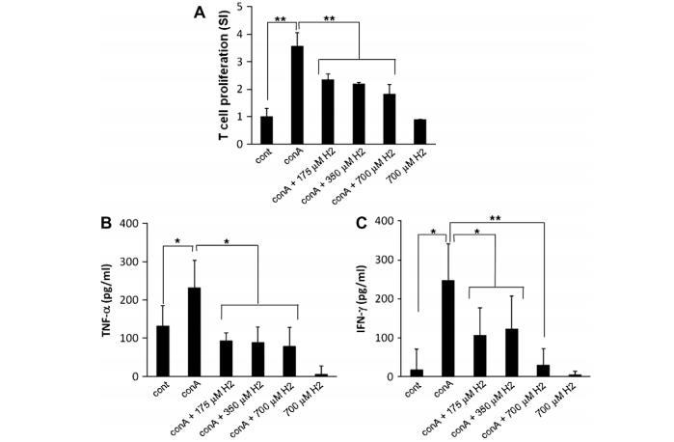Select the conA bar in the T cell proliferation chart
point(297,96)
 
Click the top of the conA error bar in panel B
point(195,260)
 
